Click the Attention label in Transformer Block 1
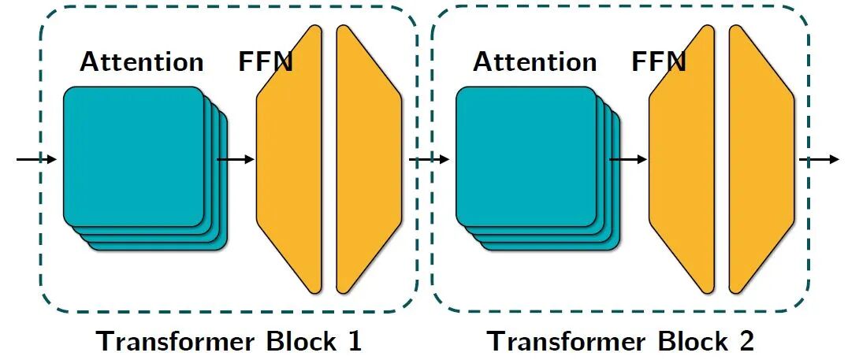click(141, 61)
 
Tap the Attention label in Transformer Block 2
click(534, 61)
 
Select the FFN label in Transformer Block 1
click(266, 61)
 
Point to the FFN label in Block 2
click(658, 61)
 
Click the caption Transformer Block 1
click(229, 341)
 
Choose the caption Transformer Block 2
click(621, 341)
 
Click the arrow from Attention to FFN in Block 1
click(236, 160)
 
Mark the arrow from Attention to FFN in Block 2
click(628, 160)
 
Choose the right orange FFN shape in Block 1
click(367, 158)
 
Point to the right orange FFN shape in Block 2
click(760, 158)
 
